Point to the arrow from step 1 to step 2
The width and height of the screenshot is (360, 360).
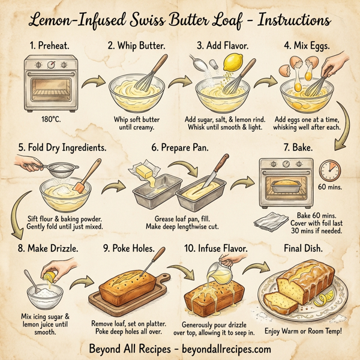tap(90, 83)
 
